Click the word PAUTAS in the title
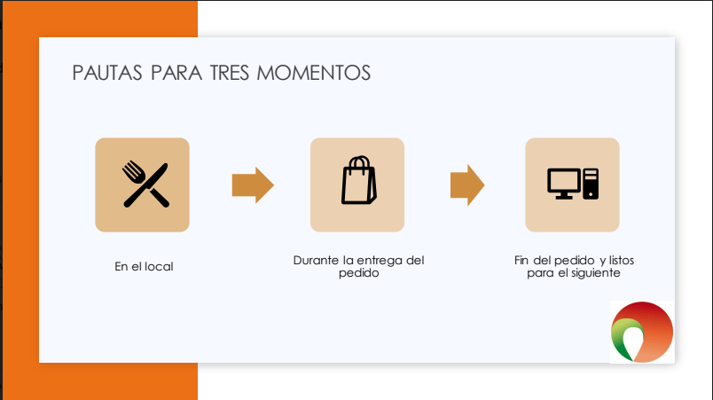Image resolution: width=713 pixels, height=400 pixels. pyautogui.click(x=107, y=73)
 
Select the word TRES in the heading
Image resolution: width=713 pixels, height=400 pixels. pyautogui.click(x=230, y=73)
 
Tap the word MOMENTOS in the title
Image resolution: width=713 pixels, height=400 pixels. pyautogui.click(x=314, y=73)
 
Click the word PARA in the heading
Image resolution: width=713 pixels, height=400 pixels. pyautogui.click(x=176, y=73)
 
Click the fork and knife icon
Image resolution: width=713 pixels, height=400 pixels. pyautogui.click(x=145, y=184)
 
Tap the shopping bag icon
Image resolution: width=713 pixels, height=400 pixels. pyautogui.click(x=359, y=180)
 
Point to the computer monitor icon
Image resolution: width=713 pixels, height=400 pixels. pyautogui.click(x=564, y=184)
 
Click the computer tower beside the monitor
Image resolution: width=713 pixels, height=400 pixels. pyautogui.click(x=591, y=184)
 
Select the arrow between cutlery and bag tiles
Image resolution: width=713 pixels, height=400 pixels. pyautogui.click(x=253, y=185)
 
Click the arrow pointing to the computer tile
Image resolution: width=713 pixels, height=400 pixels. pyautogui.click(x=467, y=185)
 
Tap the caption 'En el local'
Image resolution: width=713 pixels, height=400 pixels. pyautogui.click(x=144, y=266)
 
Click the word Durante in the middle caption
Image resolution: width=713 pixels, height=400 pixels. pyautogui.click(x=316, y=261)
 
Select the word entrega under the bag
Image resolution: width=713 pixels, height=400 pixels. pyautogui.click(x=380, y=262)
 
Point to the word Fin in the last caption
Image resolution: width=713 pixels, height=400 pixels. pyautogui.click(x=521, y=261)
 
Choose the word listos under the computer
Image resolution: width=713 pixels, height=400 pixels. pyautogui.click(x=622, y=261)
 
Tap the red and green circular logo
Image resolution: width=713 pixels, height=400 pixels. pyautogui.click(x=641, y=332)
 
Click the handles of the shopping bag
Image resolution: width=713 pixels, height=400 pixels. pyautogui.click(x=359, y=162)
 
